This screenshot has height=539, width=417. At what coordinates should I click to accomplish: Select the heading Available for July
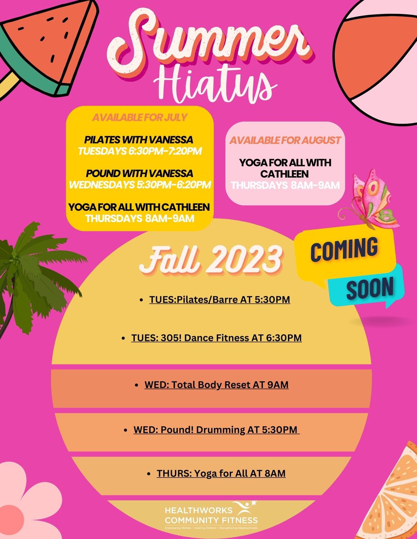140,118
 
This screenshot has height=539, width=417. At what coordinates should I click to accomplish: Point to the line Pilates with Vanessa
139,140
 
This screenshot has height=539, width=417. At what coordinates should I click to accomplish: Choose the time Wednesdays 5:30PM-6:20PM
139,184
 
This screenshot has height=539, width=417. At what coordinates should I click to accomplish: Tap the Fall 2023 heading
211,260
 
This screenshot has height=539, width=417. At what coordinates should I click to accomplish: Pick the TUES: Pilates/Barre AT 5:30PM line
220,299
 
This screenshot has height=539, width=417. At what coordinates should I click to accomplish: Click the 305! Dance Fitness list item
216,337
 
